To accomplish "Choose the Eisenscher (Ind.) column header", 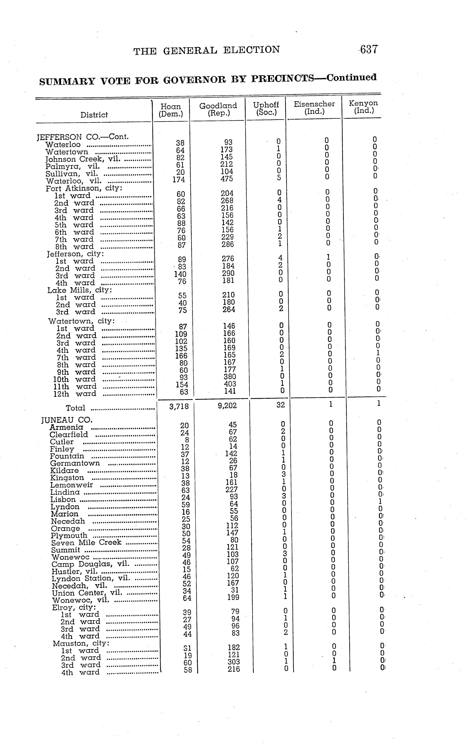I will [x=314, y=108].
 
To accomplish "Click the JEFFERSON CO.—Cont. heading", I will [x=83, y=137].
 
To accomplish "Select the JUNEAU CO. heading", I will [x=67, y=420].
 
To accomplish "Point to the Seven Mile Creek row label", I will [x=86, y=543].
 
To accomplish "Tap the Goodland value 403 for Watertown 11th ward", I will [x=229, y=384].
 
